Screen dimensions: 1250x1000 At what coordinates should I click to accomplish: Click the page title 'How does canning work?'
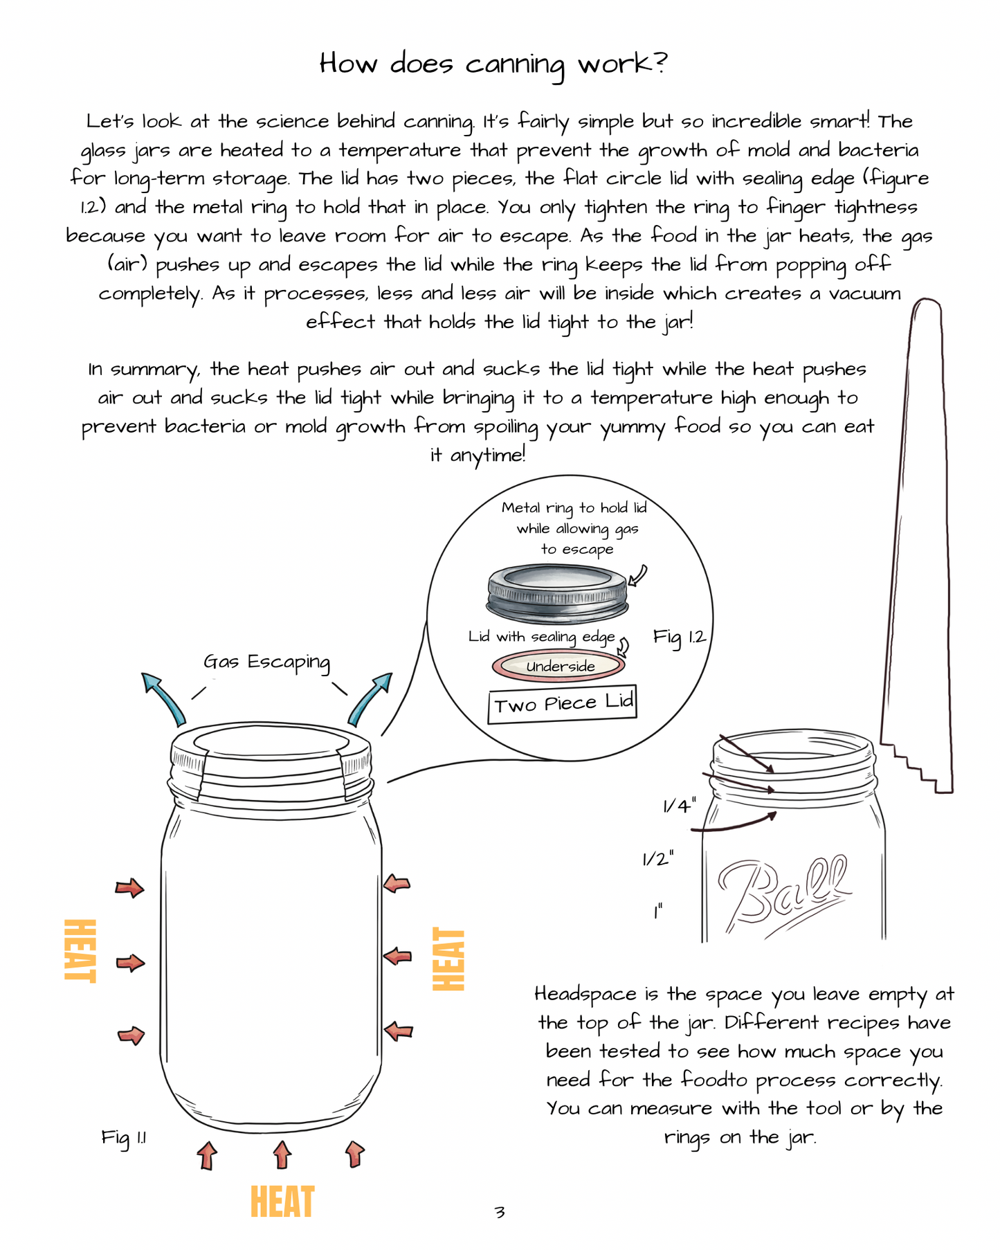pos(493,64)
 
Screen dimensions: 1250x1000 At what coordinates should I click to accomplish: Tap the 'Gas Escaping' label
pos(266,662)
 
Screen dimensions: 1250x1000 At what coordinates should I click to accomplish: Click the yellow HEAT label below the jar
pos(282,1202)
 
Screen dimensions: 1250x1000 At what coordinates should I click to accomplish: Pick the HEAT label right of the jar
pos(448,959)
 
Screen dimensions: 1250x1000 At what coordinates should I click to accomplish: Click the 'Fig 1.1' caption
pos(123,1138)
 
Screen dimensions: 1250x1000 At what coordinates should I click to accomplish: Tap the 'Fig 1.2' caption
pos(680,637)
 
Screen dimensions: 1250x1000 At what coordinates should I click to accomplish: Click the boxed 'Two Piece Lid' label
pos(562,705)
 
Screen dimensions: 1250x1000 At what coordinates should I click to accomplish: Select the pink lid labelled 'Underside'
pos(558,666)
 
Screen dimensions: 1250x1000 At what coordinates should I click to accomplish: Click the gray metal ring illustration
pos(558,593)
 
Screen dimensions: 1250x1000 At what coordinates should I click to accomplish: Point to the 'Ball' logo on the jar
pos(783,894)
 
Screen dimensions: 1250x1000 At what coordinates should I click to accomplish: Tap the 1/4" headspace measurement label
pos(679,806)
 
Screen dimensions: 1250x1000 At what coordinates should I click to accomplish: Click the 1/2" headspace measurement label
pos(657,859)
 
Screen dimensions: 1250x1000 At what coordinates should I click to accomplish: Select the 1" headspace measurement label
pos(657,912)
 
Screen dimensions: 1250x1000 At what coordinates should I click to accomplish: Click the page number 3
pos(500,1212)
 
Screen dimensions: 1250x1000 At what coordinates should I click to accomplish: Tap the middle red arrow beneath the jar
pos(282,1155)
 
